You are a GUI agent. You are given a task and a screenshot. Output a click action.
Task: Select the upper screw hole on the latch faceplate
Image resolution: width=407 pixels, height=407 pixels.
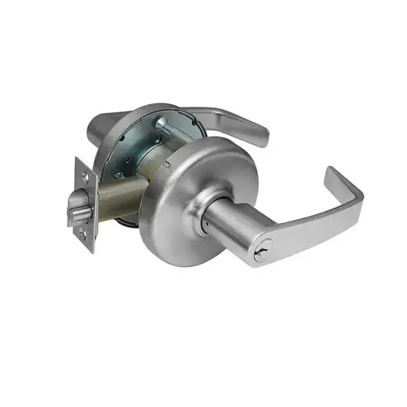[x=86, y=171]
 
